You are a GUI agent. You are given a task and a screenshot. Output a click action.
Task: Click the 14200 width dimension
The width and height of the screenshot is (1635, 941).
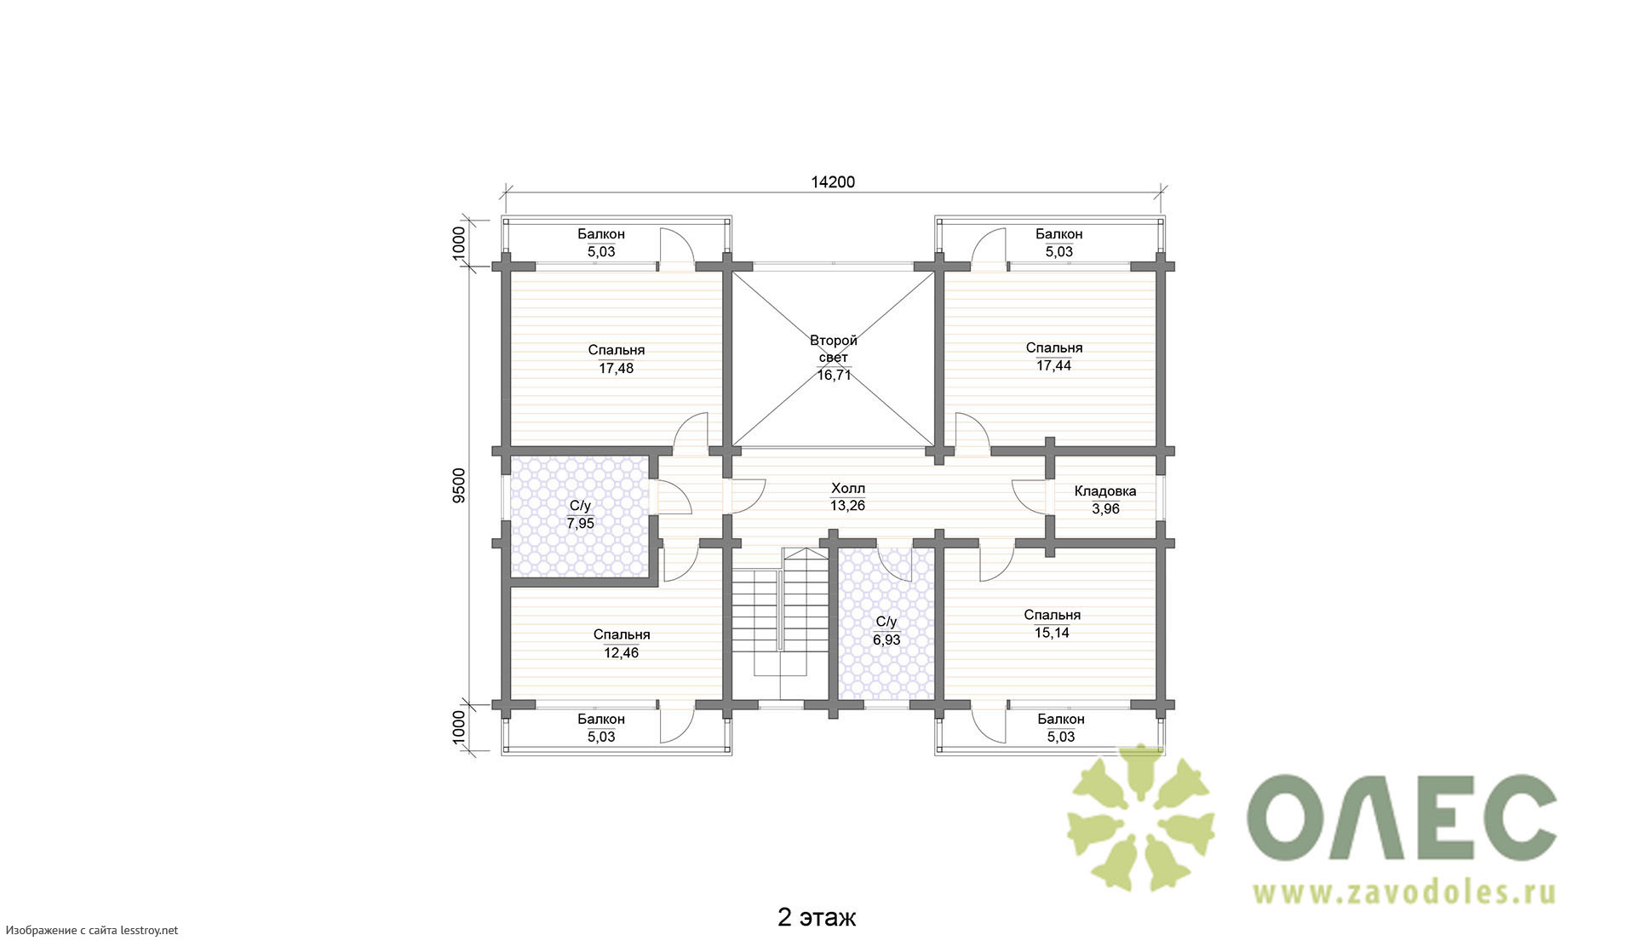833,182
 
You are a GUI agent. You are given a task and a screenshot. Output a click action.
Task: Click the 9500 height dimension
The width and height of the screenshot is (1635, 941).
460,486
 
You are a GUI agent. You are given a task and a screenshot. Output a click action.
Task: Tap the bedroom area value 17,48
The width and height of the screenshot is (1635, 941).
617,369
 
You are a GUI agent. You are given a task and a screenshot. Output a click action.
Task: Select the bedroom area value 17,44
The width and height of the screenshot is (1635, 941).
1054,366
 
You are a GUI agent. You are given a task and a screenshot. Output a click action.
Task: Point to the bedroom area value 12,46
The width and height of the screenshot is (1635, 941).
622,653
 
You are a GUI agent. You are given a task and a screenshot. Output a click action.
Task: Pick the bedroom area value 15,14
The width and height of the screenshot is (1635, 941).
1053,633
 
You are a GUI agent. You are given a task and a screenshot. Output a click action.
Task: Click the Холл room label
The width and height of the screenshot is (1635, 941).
848,489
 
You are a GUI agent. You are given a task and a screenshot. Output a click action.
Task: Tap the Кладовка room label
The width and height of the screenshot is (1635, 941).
1105,491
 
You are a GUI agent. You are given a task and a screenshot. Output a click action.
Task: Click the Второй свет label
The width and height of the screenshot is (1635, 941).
834,349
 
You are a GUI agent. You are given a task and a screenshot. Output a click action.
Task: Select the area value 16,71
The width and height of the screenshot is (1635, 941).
835,376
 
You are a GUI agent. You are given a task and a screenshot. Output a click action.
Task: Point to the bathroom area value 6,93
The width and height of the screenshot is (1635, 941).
886,640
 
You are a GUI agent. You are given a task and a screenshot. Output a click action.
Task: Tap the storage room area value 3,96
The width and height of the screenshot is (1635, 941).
1105,509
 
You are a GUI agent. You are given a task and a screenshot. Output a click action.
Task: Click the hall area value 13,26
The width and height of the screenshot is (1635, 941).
848,506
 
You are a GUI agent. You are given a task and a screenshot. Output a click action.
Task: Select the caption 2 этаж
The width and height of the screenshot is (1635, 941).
817,918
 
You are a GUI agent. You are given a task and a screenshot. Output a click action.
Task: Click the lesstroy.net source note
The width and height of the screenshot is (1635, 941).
90,931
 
